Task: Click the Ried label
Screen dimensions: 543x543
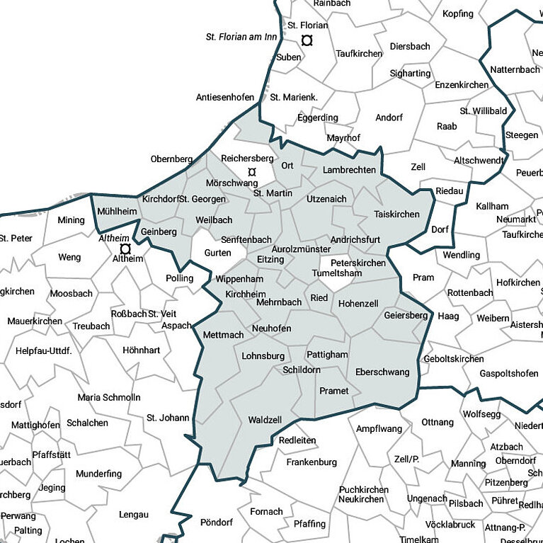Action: (x=319, y=298)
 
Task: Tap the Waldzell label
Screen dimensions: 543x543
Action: (x=265, y=420)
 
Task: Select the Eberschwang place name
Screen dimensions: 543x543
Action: (x=382, y=372)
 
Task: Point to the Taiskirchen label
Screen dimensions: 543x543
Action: (x=396, y=214)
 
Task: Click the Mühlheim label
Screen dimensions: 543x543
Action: (x=116, y=212)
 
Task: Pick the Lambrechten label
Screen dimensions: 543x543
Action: (x=349, y=171)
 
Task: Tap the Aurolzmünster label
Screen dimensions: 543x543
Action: (x=301, y=249)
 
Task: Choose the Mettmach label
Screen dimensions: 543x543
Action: (x=223, y=334)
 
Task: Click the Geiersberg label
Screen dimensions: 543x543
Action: (x=406, y=315)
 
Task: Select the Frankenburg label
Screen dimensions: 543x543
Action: (x=311, y=462)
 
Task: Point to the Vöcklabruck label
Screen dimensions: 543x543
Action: (x=450, y=525)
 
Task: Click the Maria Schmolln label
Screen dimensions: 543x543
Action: (x=109, y=397)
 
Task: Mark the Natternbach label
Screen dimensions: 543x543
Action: (x=515, y=70)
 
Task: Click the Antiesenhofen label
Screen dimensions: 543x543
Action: (x=225, y=98)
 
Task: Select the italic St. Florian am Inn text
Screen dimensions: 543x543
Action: (x=241, y=37)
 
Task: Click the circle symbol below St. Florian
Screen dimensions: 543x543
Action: (x=307, y=40)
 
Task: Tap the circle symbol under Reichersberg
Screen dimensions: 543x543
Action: (x=251, y=172)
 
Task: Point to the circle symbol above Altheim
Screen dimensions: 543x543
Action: (x=125, y=249)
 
